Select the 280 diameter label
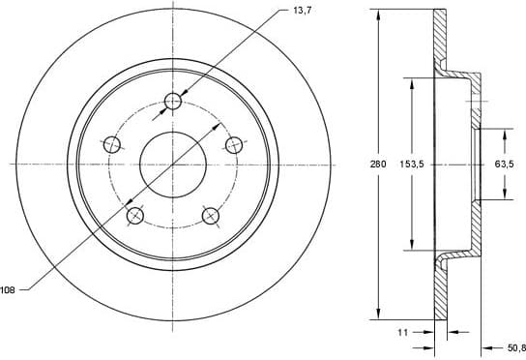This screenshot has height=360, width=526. pyautogui.click(x=378, y=165)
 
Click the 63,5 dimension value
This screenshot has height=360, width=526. pyautogui.click(x=504, y=165)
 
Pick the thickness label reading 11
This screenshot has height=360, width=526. pyautogui.click(x=403, y=332)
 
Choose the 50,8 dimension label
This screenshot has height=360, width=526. pyautogui.click(x=514, y=346)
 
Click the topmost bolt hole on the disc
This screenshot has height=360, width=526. pyautogui.click(x=174, y=101)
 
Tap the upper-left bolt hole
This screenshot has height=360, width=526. pyautogui.click(x=112, y=145)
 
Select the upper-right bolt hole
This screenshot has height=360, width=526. pyautogui.click(x=234, y=145)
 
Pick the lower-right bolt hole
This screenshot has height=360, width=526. pyautogui.click(x=211, y=215)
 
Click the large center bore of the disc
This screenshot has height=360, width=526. pyautogui.click(x=174, y=163)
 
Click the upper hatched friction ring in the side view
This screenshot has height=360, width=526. pyautogui.click(x=441, y=39)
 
